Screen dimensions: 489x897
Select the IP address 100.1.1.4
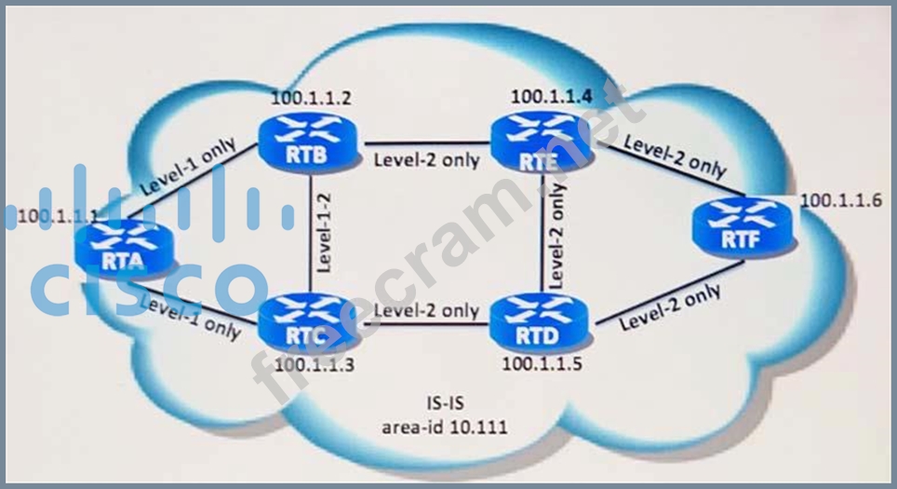[550, 95]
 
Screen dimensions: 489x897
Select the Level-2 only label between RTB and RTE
[427, 160]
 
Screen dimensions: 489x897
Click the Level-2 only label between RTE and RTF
[674, 155]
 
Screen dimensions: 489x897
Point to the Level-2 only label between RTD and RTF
[670, 307]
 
